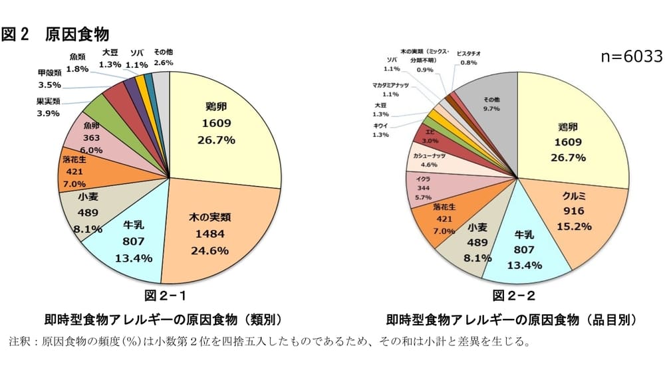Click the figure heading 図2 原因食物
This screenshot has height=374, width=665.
(56, 34)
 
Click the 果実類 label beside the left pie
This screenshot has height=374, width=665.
(49, 102)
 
